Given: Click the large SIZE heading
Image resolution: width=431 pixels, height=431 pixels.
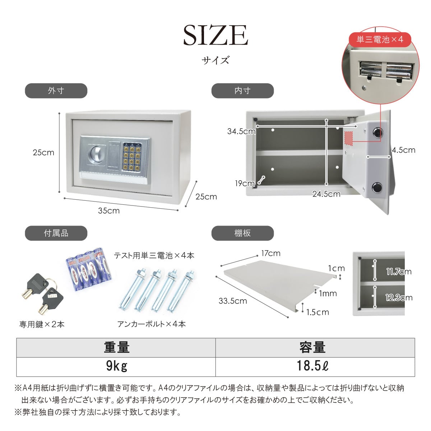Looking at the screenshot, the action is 215,35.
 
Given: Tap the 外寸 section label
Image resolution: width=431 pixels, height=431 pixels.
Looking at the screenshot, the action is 56,91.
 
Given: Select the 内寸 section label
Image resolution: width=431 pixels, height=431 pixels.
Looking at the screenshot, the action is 242,91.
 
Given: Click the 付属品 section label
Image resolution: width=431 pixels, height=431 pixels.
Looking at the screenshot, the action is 56,233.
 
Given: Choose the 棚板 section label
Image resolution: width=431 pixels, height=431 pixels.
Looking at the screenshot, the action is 242,233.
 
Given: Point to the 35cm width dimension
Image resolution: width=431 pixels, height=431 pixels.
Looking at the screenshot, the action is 109,211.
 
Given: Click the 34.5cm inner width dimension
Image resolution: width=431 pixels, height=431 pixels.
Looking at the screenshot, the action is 241,131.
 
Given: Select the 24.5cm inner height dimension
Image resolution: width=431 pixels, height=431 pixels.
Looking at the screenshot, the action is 326,194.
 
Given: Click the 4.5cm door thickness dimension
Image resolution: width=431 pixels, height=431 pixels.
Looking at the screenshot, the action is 403,150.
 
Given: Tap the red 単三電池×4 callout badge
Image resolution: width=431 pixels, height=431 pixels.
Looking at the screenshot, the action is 380,40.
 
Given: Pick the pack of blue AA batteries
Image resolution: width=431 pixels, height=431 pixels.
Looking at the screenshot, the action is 89,269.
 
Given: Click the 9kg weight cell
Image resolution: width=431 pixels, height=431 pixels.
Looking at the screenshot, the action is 116,367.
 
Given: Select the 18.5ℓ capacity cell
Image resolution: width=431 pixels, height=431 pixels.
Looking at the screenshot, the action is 312,367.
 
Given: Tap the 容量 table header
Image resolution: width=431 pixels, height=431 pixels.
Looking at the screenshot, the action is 312,348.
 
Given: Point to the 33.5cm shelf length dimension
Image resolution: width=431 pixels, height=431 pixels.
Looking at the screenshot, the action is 233,301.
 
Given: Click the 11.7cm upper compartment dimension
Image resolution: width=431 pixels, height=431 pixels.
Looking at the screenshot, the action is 399,272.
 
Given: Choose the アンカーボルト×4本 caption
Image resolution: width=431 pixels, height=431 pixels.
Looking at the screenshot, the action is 152,324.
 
